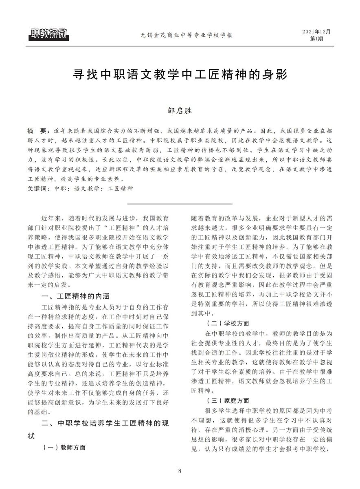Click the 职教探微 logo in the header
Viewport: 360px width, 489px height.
(x=48, y=35)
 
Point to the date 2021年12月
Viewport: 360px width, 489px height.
(x=316, y=31)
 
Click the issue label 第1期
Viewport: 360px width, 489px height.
(x=316, y=39)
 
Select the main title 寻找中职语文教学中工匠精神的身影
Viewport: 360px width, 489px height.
(x=180, y=75)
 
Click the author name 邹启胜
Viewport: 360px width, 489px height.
(x=180, y=110)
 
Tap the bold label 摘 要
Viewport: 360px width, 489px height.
(x=37, y=131)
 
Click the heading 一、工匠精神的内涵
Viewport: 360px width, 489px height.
(x=76, y=296)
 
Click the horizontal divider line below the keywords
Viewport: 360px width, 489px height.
(x=180, y=203)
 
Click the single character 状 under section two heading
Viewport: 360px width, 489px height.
(x=31, y=436)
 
